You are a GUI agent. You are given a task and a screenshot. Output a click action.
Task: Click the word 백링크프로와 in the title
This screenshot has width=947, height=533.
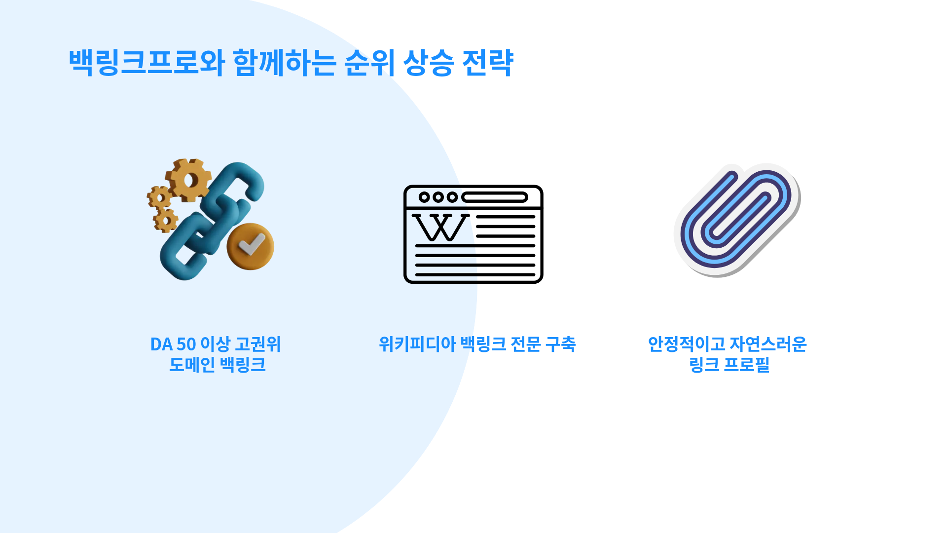pos(147,63)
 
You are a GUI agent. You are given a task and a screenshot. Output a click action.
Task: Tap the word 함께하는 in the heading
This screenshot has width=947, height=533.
pos(285,63)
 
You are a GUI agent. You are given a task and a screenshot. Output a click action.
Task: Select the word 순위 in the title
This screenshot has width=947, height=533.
pos(369,63)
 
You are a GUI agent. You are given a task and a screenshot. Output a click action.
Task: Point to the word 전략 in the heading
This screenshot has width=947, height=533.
pos(488,63)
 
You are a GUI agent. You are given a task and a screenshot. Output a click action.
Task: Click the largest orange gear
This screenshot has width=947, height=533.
pos(188,180)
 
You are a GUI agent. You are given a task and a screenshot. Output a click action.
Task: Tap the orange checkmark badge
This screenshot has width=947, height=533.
pos(250,246)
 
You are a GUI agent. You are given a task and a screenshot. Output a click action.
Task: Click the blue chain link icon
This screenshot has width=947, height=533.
pos(213,221)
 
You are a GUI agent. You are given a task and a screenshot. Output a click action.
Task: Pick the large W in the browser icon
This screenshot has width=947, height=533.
pos(440,228)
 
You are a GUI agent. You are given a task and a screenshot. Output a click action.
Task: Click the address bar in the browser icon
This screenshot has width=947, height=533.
pos(495,197)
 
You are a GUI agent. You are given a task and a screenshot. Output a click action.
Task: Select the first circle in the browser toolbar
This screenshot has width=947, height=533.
pos(424,197)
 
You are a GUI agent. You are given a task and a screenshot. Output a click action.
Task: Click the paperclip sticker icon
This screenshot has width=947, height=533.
pos(737,220)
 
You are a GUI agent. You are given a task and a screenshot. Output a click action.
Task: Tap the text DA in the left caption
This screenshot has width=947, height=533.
pos(161,344)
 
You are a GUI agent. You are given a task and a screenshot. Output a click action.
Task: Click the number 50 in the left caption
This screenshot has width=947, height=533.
pos(186,344)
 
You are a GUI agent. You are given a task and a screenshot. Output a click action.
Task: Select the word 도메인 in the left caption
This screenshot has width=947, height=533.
pos(192,365)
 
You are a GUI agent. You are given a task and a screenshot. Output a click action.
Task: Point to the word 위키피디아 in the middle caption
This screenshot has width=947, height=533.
pos(417,344)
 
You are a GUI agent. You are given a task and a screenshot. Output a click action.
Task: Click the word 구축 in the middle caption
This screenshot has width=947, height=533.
pos(560,344)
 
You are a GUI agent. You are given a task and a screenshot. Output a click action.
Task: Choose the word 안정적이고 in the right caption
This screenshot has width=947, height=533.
pos(687,344)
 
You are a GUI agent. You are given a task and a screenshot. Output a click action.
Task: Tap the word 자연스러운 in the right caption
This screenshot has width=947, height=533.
pos(768,344)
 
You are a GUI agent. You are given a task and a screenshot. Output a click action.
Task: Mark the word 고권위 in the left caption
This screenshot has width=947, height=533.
pos(258,344)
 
